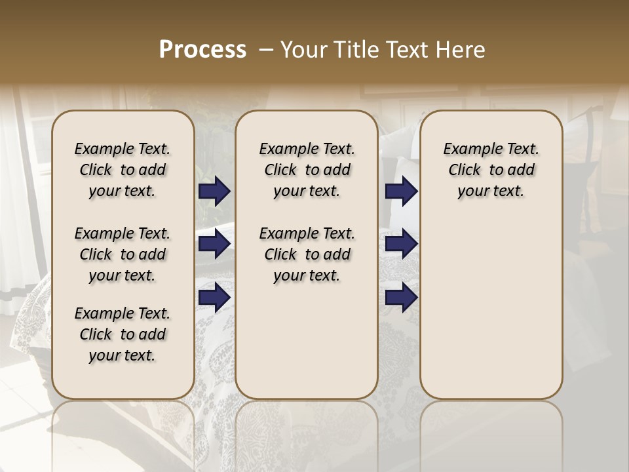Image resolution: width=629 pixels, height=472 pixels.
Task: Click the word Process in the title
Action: click(202, 50)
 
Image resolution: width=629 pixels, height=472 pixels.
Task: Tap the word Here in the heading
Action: click(460, 50)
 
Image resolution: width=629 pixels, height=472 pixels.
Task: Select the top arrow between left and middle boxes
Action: click(214, 191)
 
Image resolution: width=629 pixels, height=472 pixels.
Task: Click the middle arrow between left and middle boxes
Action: click(214, 245)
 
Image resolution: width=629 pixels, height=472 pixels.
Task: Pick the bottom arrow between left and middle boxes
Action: click(214, 298)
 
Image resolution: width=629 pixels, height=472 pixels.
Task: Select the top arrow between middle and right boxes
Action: click(401, 191)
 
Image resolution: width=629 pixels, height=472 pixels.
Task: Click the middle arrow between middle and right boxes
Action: click(401, 245)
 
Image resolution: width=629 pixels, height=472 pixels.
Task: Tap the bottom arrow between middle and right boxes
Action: click(401, 298)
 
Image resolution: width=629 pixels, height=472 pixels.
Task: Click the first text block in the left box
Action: click(123, 170)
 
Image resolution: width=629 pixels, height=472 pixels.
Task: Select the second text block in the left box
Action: click(123, 254)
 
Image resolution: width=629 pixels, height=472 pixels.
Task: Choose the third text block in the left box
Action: click(123, 334)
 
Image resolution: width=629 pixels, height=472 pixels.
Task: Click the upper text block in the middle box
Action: click(307, 170)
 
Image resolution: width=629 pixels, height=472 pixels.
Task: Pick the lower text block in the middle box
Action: click(307, 254)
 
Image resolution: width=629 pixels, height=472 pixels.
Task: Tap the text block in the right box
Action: click(491, 170)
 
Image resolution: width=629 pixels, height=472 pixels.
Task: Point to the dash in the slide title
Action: click(266, 50)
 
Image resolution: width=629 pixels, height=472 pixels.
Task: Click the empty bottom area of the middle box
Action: click(307, 347)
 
